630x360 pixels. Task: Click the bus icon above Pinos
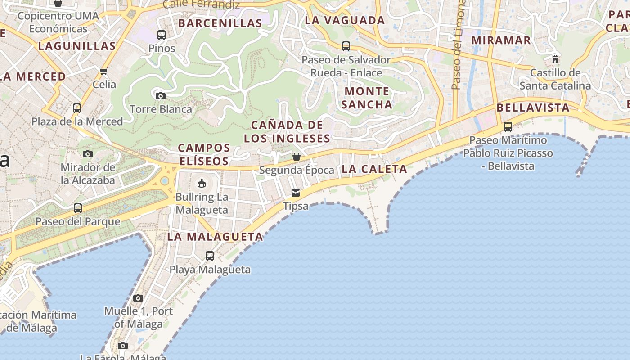pos(161,35)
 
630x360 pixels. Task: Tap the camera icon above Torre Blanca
pos(160,96)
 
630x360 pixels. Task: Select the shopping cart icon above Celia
pos(104,71)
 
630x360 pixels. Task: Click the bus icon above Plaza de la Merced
pos(77,108)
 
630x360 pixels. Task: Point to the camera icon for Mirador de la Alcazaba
pos(88,154)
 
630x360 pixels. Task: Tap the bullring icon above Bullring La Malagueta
pos(202,184)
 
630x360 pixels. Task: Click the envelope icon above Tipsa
pos(296,193)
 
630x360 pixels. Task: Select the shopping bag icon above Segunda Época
pos(297,157)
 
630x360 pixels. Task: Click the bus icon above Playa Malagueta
pos(210,256)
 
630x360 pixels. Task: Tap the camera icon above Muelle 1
pos(138,298)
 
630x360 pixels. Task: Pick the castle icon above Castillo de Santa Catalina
pos(555,59)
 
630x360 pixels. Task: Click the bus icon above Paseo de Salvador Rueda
pos(346,46)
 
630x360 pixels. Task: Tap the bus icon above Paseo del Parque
pos(78,208)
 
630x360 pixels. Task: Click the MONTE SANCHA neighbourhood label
pos(367,98)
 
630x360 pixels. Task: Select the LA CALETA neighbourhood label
pos(374,169)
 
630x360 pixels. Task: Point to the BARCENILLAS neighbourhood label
pos(220,23)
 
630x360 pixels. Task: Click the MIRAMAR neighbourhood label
pos(501,40)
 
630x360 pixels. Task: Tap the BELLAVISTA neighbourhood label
pos(533,108)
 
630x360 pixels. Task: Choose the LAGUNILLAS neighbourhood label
pos(77,46)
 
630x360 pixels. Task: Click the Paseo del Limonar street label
pos(457,45)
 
